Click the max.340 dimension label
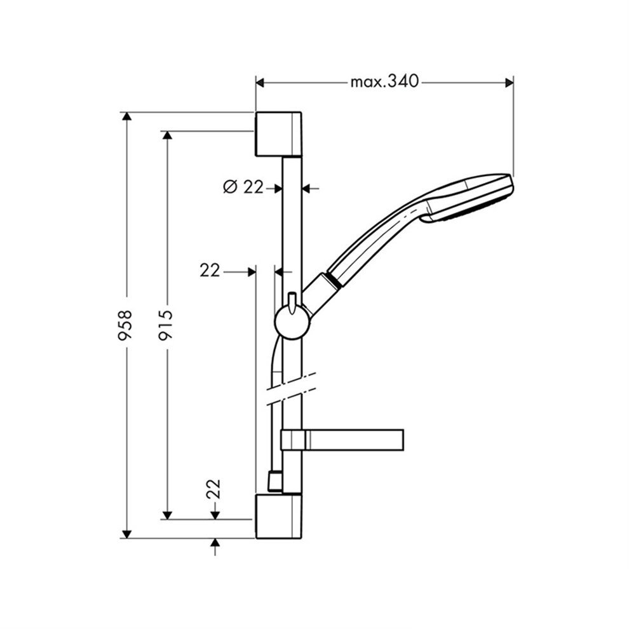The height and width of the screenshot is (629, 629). tap(384, 82)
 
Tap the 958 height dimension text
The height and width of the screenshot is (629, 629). tap(125, 325)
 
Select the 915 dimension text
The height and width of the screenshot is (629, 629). tap(165, 325)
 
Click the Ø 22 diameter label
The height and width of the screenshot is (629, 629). tap(243, 187)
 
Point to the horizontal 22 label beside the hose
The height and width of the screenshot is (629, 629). tap(210, 271)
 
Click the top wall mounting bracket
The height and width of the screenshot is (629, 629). tap(278, 134)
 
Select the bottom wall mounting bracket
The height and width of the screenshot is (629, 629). tap(278, 517)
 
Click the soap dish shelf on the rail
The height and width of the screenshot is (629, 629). tap(342, 440)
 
